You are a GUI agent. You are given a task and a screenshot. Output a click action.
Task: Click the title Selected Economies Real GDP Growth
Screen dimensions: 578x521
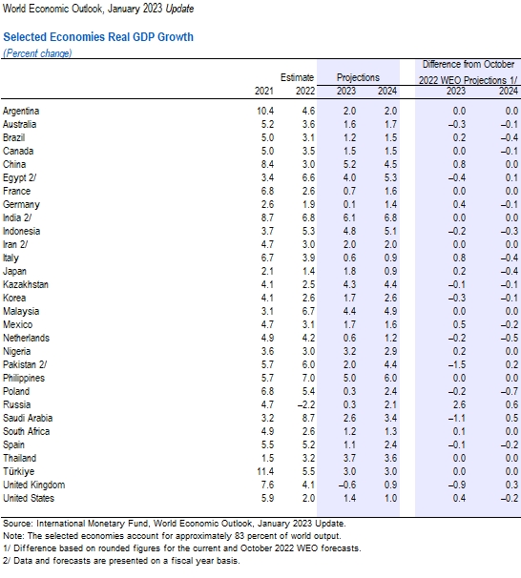tap(98, 37)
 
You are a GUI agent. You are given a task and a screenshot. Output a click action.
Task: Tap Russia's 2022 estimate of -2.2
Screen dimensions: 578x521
tap(302, 404)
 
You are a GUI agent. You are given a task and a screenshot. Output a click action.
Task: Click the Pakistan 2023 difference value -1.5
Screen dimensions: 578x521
tap(456, 364)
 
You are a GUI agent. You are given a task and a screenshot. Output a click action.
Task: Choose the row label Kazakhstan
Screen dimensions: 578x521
tap(26, 284)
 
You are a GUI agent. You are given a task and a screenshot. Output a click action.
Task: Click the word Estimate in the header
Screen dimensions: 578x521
tap(297, 77)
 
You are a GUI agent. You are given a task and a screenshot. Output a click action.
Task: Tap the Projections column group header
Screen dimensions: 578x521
tap(358, 77)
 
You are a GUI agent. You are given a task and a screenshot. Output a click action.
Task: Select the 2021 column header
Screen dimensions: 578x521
tap(265, 92)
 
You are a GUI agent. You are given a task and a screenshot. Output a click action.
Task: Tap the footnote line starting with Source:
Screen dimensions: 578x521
tap(172, 524)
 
